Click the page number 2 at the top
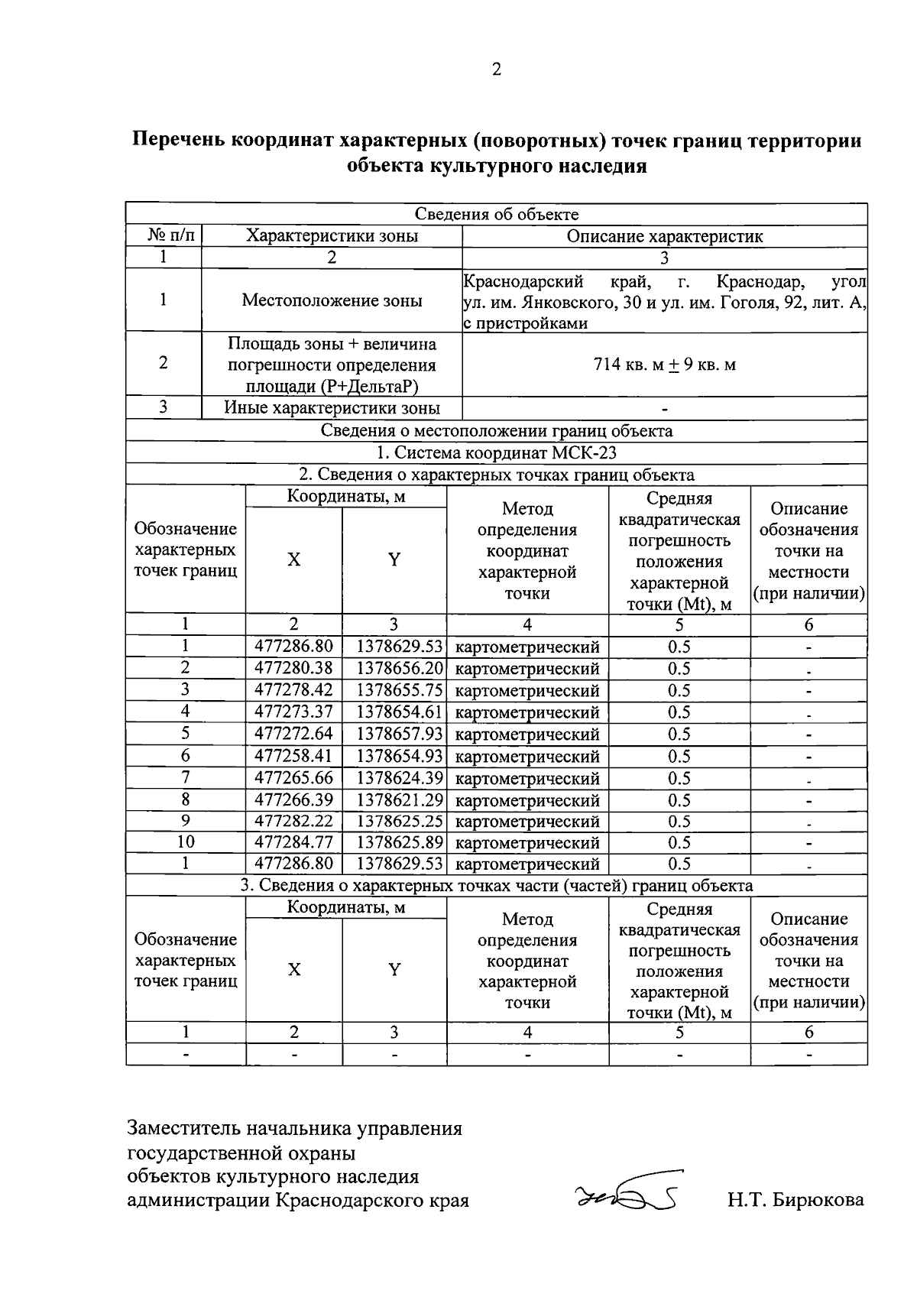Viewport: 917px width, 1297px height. [x=496, y=70]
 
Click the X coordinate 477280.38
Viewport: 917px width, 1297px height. [x=293, y=669]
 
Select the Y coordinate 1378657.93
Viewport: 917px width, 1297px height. [x=394, y=734]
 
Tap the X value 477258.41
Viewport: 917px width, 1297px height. [x=293, y=757]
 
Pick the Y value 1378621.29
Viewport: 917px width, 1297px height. [x=394, y=801]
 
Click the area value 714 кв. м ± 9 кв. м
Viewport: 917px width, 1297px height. [x=664, y=365]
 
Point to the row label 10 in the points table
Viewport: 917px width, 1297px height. [x=185, y=842]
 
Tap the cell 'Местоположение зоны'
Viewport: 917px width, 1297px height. [x=332, y=300]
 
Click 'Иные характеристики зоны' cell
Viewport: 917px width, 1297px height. [x=332, y=408]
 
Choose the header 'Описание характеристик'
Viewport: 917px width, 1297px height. [x=664, y=236]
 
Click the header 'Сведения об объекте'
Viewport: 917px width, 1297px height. [x=497, y=215]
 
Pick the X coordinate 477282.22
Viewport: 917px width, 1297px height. [x=293, y=822]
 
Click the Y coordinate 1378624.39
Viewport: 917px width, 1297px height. [x=394, y=779]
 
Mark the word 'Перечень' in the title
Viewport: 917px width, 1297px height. [x=179, y=141]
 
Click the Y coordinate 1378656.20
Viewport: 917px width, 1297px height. [x=394, y=669]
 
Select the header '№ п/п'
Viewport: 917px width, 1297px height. [x=164, y=236]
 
